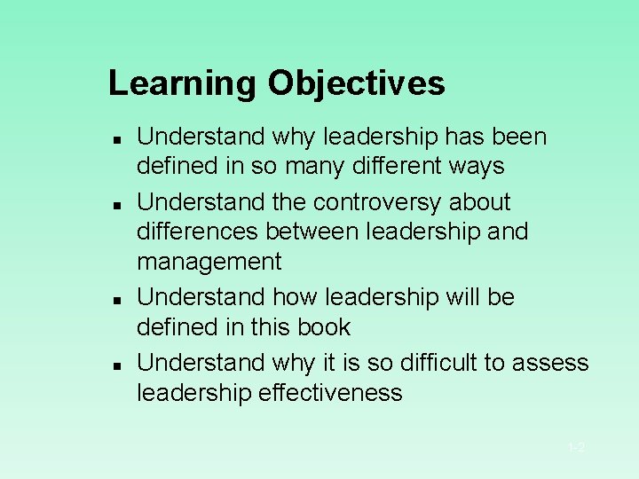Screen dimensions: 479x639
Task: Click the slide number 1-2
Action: (576, 448)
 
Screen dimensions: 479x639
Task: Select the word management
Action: (209, 263)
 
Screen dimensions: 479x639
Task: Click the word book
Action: (326, 327)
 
